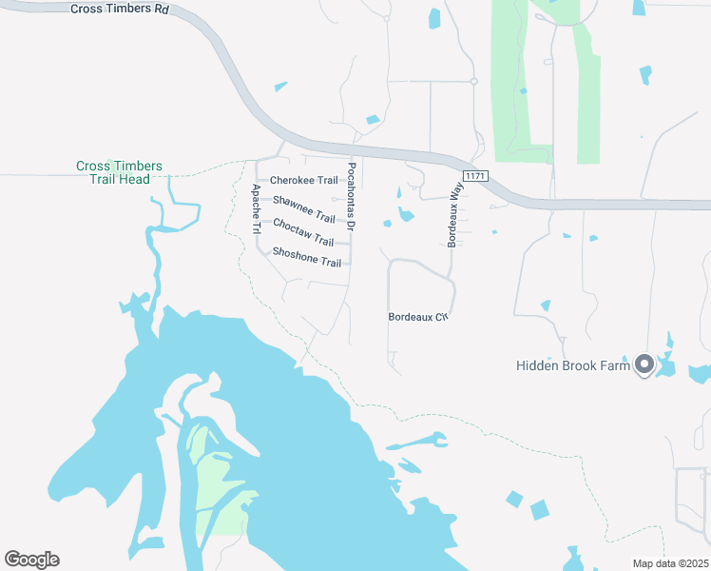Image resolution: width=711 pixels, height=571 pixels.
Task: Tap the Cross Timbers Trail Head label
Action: tap(120, 172)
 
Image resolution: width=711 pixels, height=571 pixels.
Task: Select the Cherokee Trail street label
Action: tap(304, 180)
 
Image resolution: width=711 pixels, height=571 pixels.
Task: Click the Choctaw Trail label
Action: tap(303, 232)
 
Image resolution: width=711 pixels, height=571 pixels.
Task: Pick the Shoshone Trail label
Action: tap(306, 257)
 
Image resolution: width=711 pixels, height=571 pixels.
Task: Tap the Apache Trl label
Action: tap(256, 209)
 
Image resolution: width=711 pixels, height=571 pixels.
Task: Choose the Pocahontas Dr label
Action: tap(351, 196)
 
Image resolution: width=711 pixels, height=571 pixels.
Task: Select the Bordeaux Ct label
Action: tap(417, 317)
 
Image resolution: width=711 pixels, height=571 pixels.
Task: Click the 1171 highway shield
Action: tap(474, 177)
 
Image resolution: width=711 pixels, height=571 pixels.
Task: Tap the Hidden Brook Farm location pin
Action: tap(644, 364)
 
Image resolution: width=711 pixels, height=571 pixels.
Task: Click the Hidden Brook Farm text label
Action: tap(573, 365)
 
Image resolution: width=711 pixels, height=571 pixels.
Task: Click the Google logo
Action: tap(31, 560)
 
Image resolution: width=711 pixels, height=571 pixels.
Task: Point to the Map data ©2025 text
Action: tap(670, 563)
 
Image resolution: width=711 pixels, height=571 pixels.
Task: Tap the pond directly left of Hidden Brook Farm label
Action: tap(546, 305)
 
